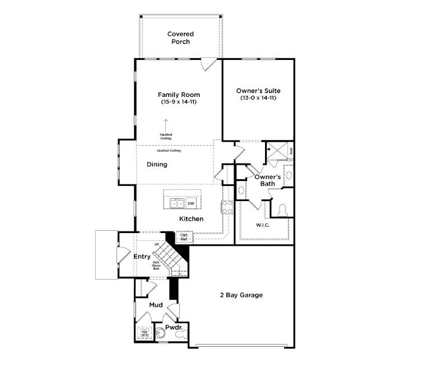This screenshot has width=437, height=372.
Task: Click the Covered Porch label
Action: click(180, 38)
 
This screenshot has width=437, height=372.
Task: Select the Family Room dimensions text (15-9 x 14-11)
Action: click(179, 103)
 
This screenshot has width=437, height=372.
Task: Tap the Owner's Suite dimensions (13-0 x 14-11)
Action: click(258, 98)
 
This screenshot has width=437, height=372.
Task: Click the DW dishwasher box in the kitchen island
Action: click(191, 203)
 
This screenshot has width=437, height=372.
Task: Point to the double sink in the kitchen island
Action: click(175, 203)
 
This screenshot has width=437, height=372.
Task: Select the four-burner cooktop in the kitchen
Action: click(227, 207)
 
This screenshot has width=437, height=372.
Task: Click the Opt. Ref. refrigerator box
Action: click(184, 238)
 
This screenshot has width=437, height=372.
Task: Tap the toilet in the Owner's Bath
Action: click(282, 209)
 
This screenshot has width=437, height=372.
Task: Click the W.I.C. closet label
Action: click(263, 226)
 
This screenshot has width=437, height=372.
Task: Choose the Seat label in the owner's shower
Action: click(291, 151)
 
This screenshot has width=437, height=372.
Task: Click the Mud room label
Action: click(156, 305)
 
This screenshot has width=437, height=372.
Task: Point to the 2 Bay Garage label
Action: click(241, 295)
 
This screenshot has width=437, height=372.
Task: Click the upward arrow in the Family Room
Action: click(166, 124)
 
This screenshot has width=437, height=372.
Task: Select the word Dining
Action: click(157, 165)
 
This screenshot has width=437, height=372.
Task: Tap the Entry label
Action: click(141, 257)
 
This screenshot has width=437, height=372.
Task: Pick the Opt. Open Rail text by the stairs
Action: click(156, 266)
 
